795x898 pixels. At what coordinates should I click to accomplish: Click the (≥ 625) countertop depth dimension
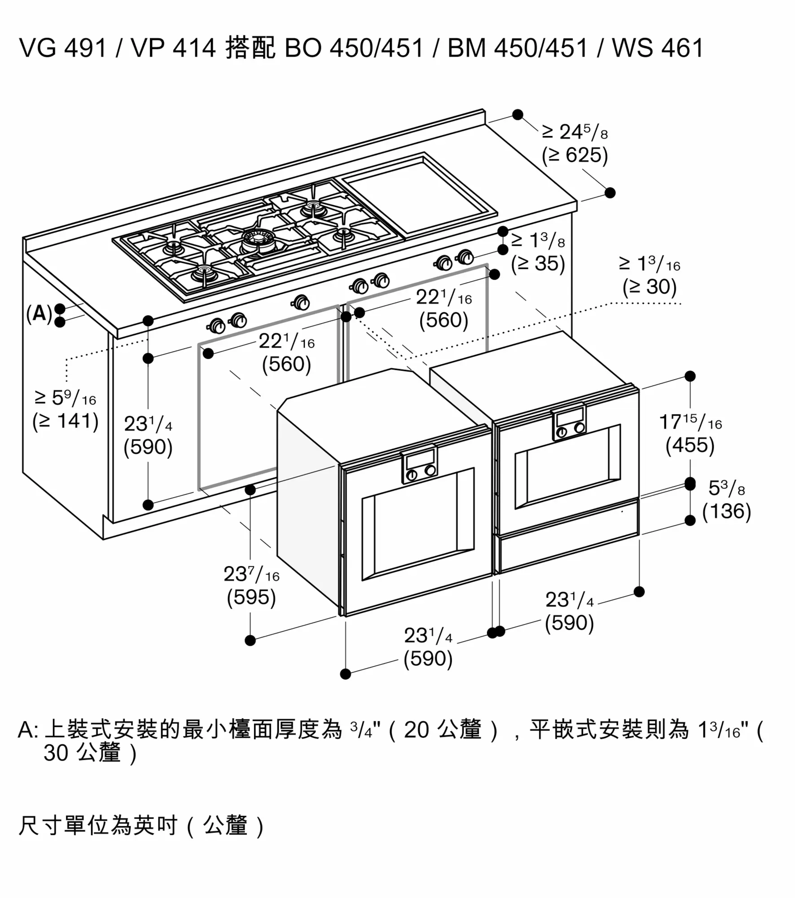point(575,155)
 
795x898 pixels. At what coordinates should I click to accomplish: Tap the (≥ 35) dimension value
point(538,264)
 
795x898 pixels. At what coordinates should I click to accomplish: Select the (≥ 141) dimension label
point(66,421)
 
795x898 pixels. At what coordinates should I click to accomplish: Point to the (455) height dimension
point(690,445)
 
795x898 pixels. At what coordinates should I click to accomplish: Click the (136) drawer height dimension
point(727,511)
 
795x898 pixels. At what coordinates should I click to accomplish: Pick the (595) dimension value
point(251,597)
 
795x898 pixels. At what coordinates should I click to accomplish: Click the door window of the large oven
point(418,524)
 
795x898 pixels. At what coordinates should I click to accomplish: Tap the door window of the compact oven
point(567,467)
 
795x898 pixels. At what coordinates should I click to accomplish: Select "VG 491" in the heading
point(63,48)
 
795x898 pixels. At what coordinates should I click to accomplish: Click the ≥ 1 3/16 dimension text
point(650,264)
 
